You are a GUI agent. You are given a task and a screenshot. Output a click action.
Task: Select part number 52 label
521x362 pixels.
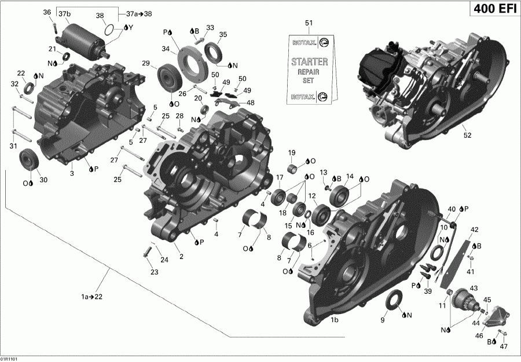click(467, 135)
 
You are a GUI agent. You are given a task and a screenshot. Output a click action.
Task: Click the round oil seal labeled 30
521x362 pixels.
click(28, 159)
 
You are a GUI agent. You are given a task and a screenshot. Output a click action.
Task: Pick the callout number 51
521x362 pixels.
click(309, 23)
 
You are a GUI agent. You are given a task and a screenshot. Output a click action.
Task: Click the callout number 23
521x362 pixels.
click(153, 272)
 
